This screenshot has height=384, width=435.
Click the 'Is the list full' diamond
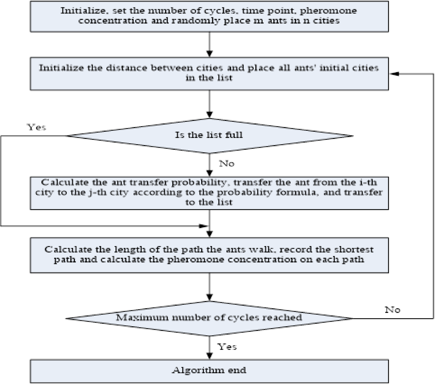[x=209, y=135]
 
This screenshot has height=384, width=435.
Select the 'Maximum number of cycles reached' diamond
[x=209, y=318]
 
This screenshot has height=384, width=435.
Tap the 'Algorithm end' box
[x=209, y=371]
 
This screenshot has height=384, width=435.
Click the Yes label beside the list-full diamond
[x=36, y=127]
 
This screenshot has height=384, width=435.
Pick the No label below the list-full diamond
[x=227, y=164]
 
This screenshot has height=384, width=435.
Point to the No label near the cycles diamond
[x=393, y=310]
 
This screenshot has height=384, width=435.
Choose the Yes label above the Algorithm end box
[x=227, y=346]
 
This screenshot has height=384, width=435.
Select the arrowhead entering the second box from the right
[x=394, y=74]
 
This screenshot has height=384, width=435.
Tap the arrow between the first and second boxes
[x=209, y=45]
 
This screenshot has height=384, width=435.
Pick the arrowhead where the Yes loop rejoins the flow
[x=204, y=226]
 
